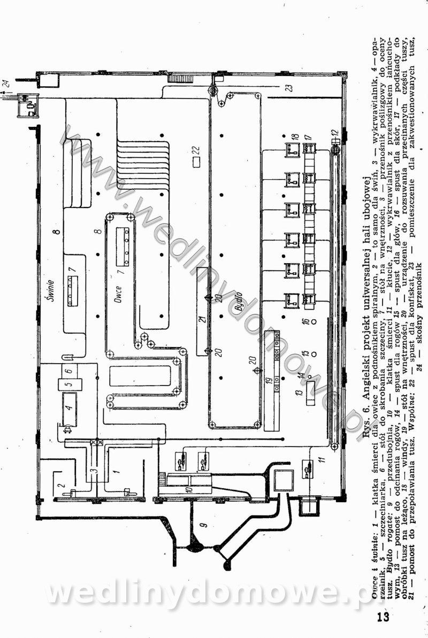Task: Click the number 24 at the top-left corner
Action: [6, 82]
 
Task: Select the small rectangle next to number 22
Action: [196, 160]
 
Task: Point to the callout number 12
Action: [334, 132]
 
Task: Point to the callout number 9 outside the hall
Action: [203, 526]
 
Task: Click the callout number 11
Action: [322, 459]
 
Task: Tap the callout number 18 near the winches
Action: [294, 137]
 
